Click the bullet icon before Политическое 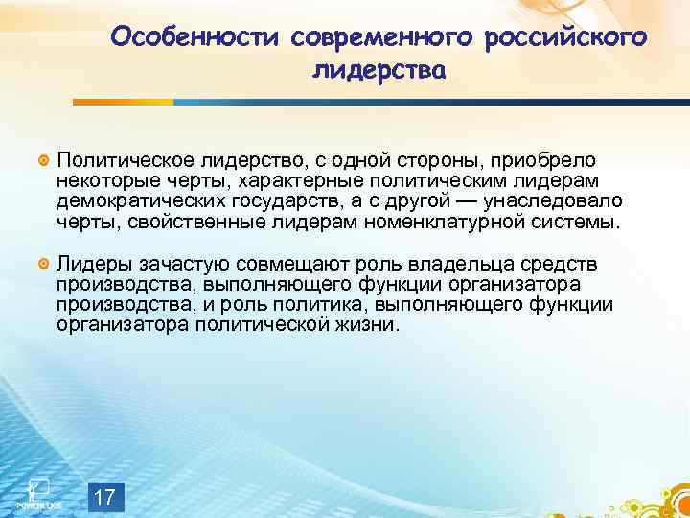[x=42, y=157]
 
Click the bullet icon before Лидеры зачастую [x=42, y=263]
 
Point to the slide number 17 [x=106, y=497]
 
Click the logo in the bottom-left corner [x=34, y=491]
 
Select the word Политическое [x=117, y=157]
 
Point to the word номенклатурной [x=428, y=223]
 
